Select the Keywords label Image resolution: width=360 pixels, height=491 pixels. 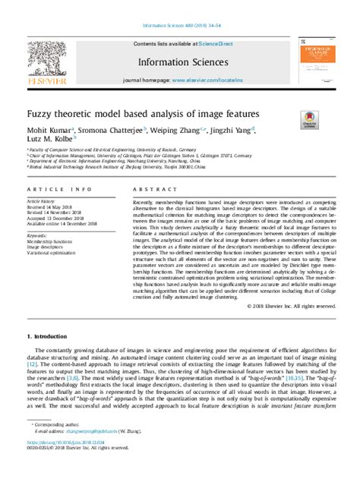[x=39, y=236]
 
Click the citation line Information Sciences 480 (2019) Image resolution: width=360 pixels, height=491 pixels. [x=179, y=10]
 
